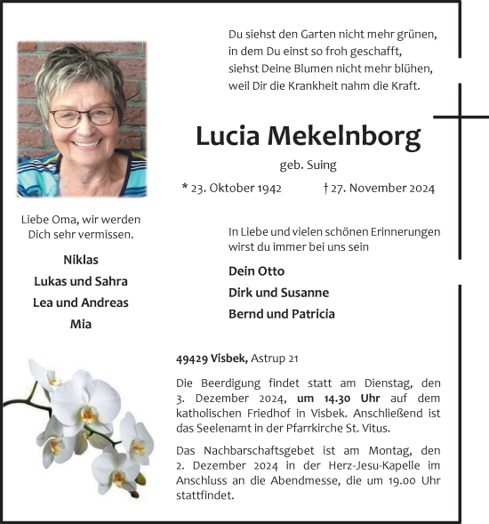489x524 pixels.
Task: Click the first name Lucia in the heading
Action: (228, 136)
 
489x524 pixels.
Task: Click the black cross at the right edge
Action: (461, 116)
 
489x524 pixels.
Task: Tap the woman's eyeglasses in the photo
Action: (83, 117)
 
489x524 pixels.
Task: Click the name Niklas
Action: (81, 260)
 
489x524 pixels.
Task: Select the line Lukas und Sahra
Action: (81, 281)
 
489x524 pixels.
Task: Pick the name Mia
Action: (81, 324)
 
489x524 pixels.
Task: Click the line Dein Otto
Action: (256, 271)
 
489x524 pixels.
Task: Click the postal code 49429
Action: (192, 359)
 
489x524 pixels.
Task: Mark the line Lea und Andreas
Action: (81, 302)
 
